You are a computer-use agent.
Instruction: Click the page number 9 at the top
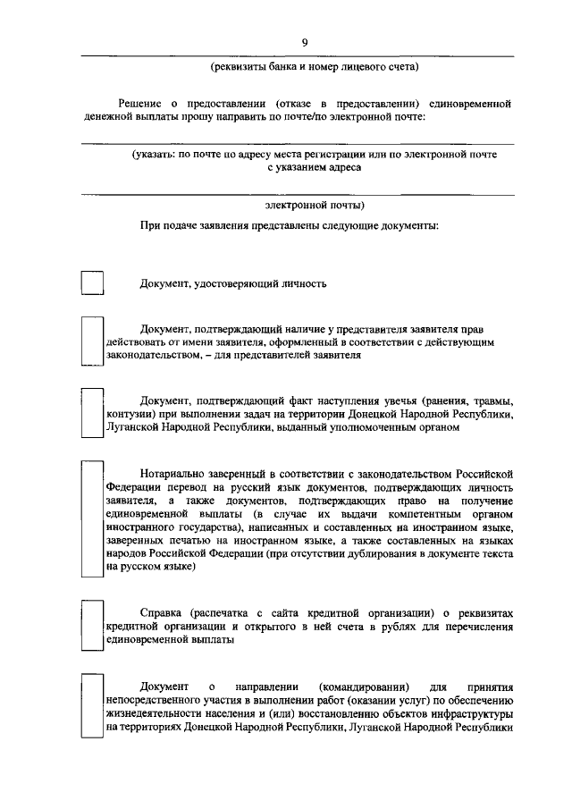point(304,43)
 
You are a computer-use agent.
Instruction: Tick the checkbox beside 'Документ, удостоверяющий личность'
point(93,283)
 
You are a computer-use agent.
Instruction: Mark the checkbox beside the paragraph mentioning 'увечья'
point(93,411)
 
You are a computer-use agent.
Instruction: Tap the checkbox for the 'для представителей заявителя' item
point(93,341)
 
